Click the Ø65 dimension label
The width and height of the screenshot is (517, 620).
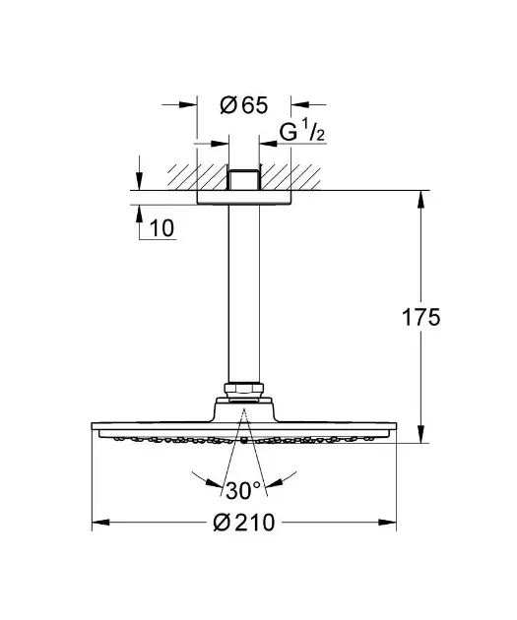(243, 105)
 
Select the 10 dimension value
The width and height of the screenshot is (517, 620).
(162, 228)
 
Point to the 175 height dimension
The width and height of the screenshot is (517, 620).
(420, 317)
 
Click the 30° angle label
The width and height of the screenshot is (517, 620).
(243, 491)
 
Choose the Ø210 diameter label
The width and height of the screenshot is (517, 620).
(243, 523)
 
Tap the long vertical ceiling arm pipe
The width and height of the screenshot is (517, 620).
(244, 293)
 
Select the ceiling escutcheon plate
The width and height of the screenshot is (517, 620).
(244, 197)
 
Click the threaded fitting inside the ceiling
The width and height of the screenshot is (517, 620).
(244, 180)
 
